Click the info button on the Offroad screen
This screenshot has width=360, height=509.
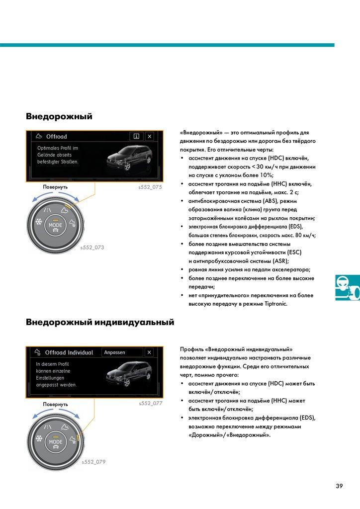(x=136, y=136)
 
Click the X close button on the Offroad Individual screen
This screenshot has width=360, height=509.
(x=149, y=352)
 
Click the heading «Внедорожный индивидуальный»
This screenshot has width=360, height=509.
(x=100, y=322)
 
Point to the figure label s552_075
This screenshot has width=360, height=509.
(x=150, y=187)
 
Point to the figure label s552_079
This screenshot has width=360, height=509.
(x=93, y=462)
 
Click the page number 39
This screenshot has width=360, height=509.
(x=339, y=486)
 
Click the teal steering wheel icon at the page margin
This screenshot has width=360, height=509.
(x=347, y=287)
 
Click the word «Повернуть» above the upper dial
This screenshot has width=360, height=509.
(x=55, y=187)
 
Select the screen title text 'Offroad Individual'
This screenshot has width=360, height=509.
(x=69, y=352)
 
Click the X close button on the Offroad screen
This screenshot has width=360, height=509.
(x=150, y=136)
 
